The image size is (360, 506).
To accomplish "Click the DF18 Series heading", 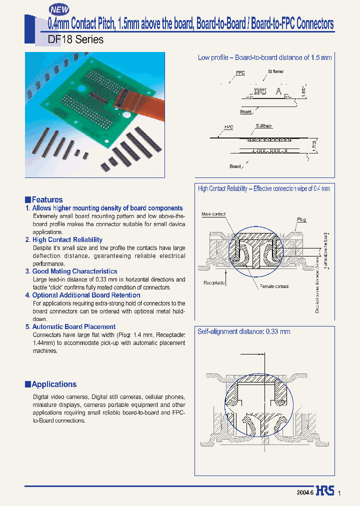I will click(x=75, y=39).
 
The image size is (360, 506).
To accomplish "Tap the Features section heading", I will click(x=47, y=199).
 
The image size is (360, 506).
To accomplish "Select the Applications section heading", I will click(x=54, y=384).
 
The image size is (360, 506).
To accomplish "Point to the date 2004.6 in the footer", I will click(x=304, y=492).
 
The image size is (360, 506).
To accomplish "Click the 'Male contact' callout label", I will click(x=213, y=214).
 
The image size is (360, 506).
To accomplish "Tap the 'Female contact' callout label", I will click(x=274, y=286).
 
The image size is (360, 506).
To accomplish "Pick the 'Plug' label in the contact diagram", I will click(x=301, y=219).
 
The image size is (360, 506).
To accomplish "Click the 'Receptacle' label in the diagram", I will click(x=214, y=282).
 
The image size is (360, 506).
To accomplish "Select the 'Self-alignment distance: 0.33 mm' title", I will click(x=243, y=331).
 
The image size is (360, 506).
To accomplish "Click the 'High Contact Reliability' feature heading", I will click(x=67, y=240).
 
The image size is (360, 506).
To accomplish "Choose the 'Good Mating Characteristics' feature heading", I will click(x=74, y=271).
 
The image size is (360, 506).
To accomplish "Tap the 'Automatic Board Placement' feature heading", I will click(x=73, y=326).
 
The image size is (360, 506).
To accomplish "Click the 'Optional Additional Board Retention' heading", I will click(x=86, y=295).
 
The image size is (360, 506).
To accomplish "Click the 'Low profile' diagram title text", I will click(x=264, y=57).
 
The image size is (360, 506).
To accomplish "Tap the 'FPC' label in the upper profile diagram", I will click(x=240, y=73).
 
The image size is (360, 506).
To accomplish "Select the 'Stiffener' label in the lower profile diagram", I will click(x=263, y=127).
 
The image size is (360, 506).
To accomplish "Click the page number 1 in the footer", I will click(x=339, y=493).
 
